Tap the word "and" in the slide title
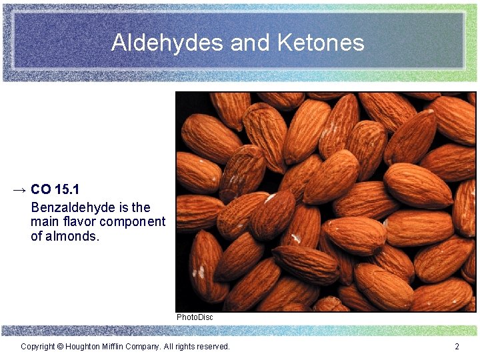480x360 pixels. click(251, 43)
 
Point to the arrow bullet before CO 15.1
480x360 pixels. click(19, 191)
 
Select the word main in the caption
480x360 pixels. click(43, 221)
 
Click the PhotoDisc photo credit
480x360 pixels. click(195, 317)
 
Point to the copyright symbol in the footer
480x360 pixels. click(60, 347)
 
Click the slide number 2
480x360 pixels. click(457, 347)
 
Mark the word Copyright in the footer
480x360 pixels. click(37, 347)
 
